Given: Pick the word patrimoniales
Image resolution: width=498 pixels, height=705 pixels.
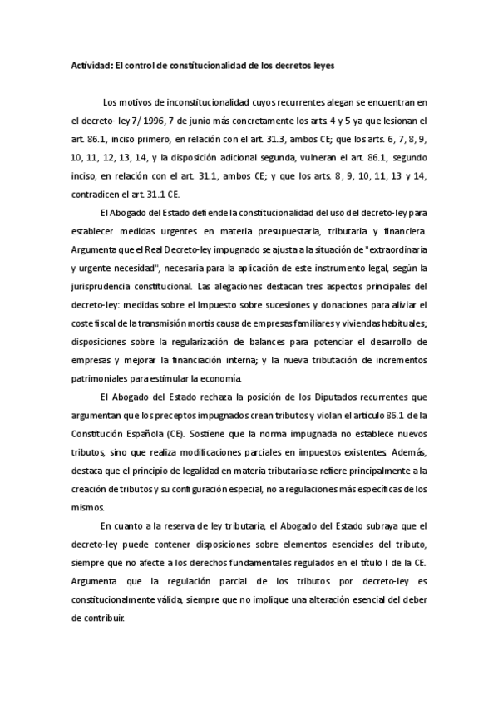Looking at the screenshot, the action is (x=103, y=377).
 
